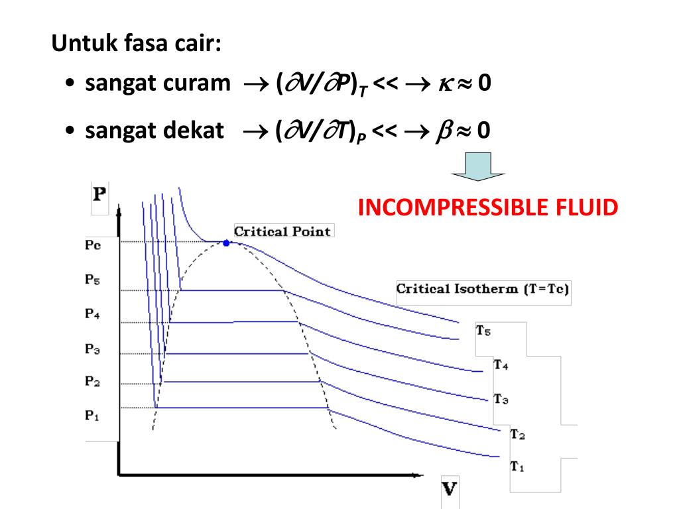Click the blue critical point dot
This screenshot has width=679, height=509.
(226, 243)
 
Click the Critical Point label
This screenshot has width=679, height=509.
(282, 231)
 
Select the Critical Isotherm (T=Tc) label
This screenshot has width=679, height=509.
(483, 289)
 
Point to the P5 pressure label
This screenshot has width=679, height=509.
(92, 280)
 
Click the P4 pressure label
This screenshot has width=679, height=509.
(92, 314)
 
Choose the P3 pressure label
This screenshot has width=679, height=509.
(92, 349)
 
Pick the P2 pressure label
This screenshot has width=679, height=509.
(92, 381)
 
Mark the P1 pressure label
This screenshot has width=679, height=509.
(92, 416)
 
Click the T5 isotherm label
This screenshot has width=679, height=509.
(483, 331)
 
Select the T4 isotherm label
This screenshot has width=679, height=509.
(501, 365)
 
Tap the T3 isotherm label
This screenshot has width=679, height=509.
(501, 399)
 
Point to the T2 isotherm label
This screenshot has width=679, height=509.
(517, 434)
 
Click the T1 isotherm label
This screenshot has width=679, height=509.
(517, 467)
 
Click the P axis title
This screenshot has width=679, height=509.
(99, 195)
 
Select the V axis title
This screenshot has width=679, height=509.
(450, 490)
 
